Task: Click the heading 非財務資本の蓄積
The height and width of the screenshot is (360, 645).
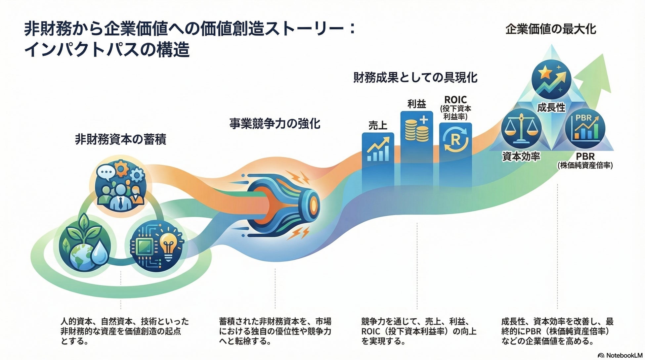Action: (121, 140)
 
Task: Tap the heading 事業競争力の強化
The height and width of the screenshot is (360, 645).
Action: (275, 124)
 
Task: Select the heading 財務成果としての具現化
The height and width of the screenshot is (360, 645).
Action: (415, 77)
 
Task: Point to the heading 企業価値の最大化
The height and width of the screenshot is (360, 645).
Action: (551, 29)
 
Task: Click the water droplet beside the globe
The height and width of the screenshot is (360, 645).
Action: (99, 253)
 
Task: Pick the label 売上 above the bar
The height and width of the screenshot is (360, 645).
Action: (378, 125)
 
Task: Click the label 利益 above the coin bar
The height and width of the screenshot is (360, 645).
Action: (416, 104)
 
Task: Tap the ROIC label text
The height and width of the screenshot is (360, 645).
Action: (455, 99)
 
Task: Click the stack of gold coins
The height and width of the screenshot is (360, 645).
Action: (416, 131)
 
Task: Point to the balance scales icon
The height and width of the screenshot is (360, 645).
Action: (521, 129)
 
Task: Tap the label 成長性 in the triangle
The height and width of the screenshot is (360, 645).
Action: (551, 108)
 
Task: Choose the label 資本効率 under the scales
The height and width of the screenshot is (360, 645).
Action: (521, 157)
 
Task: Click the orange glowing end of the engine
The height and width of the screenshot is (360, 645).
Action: (312, 202)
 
